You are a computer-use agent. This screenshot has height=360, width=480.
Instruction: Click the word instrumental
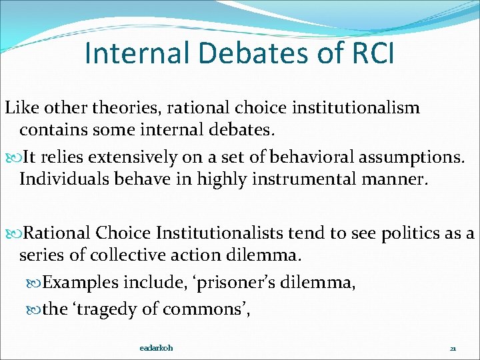point(289,179)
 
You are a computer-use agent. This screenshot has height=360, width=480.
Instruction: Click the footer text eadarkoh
point(157,348)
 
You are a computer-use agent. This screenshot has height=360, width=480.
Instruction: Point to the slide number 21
point(453,349)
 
